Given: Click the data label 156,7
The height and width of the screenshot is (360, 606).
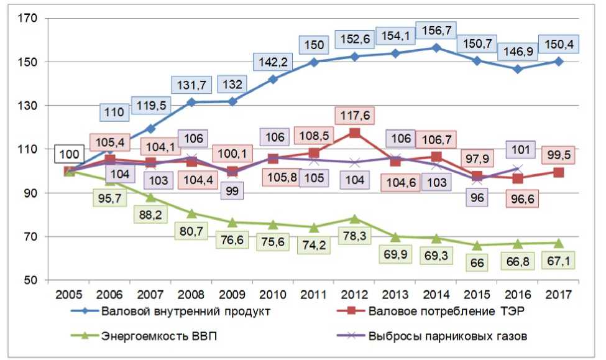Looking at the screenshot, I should point(439,30).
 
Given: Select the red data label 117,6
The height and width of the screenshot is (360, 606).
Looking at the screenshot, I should point(354,116).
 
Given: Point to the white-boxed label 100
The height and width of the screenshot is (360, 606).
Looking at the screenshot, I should point(70,154).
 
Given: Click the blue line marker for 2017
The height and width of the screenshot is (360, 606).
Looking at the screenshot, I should point(559,61).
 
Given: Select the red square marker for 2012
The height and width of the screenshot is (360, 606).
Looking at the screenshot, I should point(354,132).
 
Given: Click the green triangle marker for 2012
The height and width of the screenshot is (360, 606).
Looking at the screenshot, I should point(354,218).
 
